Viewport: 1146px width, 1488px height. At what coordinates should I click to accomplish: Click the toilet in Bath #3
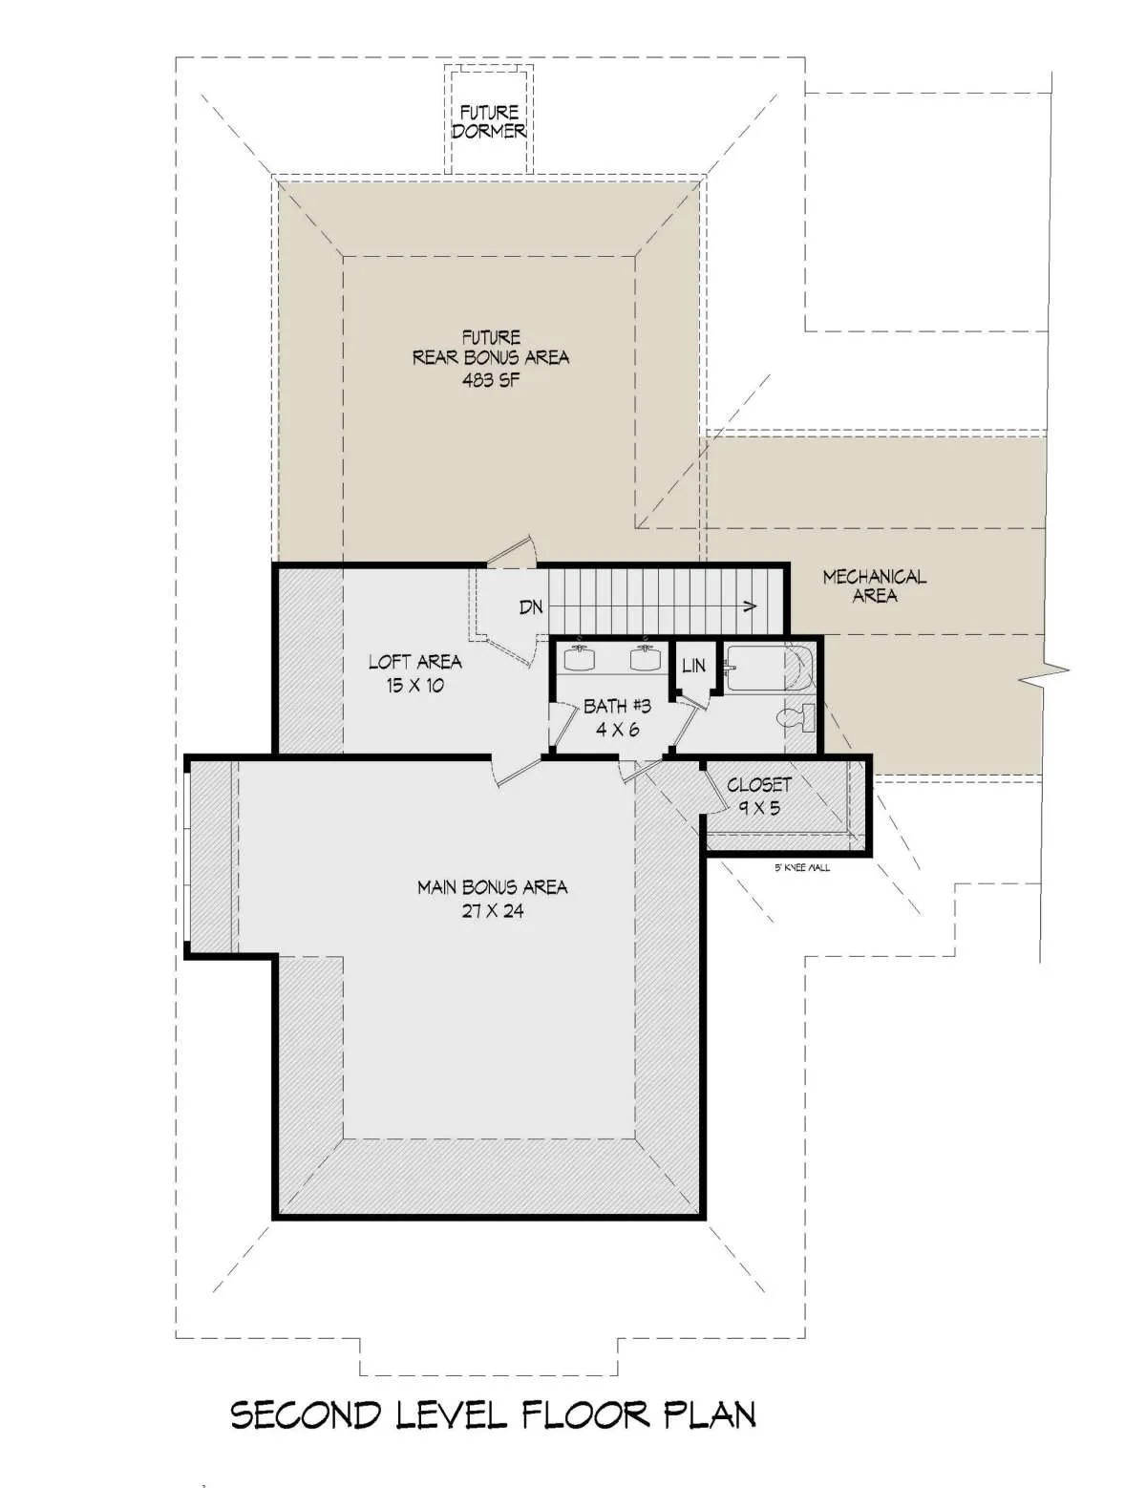tap(796, 717)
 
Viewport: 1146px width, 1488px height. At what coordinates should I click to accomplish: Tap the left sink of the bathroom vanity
tap(582, 658)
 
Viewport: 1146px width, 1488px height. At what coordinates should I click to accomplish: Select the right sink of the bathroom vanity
tap(647, 658)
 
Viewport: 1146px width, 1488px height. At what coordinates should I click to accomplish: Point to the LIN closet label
tap(693, 665)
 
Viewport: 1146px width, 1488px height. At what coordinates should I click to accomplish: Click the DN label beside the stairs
tap(531, 607)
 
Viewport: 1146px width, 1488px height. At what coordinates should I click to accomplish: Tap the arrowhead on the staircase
tap(750, 606)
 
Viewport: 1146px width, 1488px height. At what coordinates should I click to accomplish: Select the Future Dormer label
tap(489, 121)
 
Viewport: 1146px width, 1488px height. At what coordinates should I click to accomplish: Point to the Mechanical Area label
tap(874, 586)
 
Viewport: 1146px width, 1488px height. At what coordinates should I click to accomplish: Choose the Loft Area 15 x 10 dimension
tap(414, 686)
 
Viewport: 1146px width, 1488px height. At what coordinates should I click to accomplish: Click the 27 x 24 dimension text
tap(492, 911)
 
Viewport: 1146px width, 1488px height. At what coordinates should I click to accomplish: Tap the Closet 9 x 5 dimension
tap(759, 808)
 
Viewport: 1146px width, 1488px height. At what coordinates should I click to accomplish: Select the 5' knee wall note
tap(801, 867)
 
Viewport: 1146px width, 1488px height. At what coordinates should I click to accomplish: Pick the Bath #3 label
tap(617, 706)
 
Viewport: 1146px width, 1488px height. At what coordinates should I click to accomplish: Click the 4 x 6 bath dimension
tap(617, 730)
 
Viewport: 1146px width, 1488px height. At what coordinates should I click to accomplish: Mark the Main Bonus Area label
tap(492, 887)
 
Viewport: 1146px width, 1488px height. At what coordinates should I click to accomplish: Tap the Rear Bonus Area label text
tap(490, 357)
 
